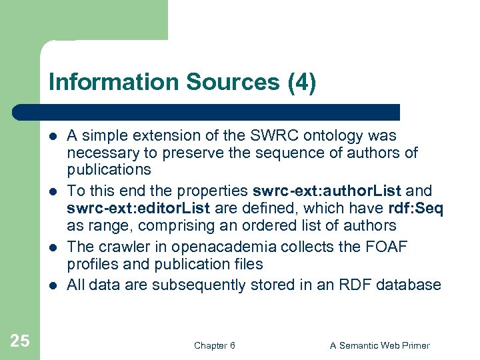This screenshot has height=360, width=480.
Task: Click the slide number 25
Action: [20, 341]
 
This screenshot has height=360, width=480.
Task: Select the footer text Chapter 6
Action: [215, 345]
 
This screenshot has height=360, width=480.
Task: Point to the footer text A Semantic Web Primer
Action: [380, 345]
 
